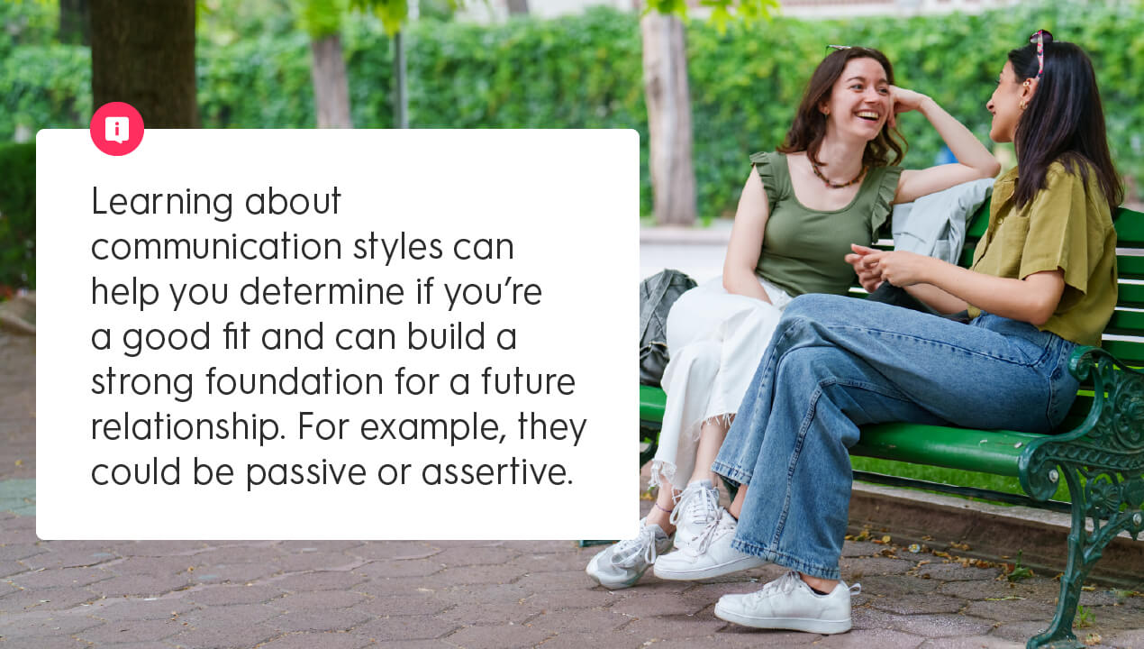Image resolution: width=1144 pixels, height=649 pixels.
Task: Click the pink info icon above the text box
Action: click(x=117, y=129)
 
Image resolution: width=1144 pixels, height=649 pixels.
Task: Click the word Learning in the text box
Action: click(x=162, y=203)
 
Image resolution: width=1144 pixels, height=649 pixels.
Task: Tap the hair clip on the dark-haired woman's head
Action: click(x=1042, y=50)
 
